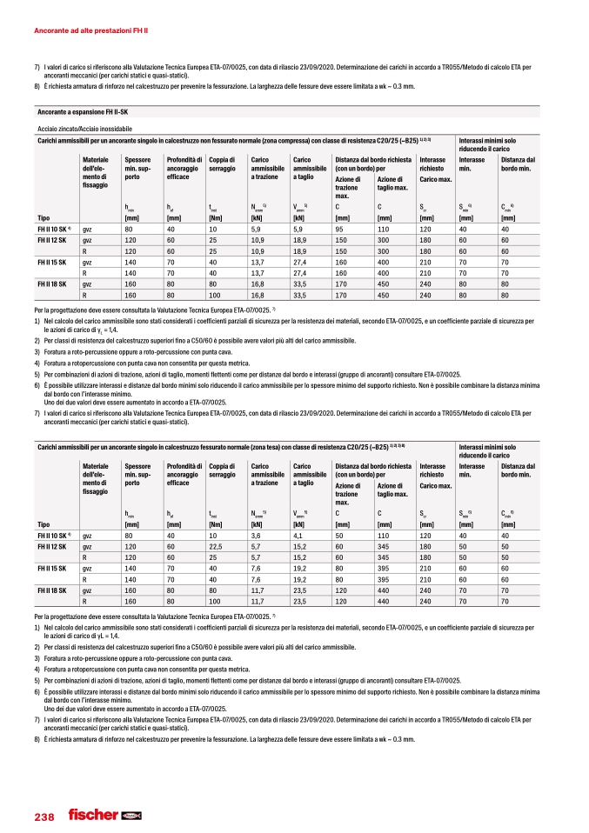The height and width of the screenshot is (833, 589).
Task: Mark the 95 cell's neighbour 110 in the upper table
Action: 384,229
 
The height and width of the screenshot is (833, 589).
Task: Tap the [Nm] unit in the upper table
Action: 217,217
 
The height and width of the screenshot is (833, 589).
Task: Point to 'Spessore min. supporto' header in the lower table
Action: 137,470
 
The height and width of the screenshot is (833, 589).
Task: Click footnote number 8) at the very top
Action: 37,87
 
